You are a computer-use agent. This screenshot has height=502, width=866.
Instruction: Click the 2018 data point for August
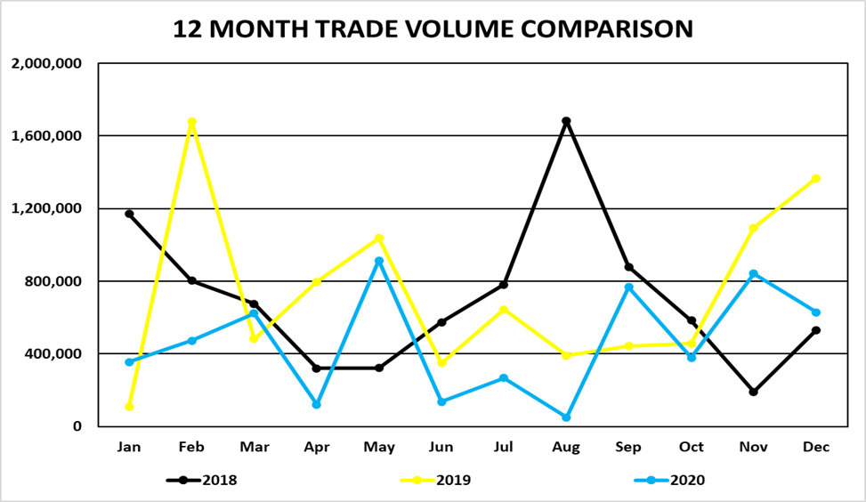tap(566, 121)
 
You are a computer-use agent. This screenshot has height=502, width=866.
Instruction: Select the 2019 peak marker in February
tap(191, 122)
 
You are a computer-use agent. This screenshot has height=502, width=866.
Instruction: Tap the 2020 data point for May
tap(379, 261)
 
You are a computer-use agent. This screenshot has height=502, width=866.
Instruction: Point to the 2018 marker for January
tap(129, 214)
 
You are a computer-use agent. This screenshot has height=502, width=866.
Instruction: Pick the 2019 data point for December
tap(816, 179)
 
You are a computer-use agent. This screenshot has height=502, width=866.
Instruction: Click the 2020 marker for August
tap(566, 417)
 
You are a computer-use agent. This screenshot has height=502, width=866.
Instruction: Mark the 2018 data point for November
tap(754, 392)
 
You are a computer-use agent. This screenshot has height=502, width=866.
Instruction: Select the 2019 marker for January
tap(129, 407)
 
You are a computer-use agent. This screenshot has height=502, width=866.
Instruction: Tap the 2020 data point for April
tap(316, 404)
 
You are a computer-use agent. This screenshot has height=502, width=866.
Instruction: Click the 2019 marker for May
tap(379, 238)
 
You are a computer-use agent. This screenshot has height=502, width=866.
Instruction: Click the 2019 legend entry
tap(435, 480)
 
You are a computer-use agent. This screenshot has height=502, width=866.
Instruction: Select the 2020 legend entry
tap(669, 480)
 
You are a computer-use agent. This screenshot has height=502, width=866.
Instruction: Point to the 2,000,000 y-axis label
tap(46, 63)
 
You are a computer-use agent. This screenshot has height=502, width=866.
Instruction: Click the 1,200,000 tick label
tap(46, 208)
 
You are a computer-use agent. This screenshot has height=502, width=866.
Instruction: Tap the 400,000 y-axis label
tap(53, 353)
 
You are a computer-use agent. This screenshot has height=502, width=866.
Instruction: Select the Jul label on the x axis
tap(504, 447)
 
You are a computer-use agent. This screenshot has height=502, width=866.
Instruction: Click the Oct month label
tap(692, 447)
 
